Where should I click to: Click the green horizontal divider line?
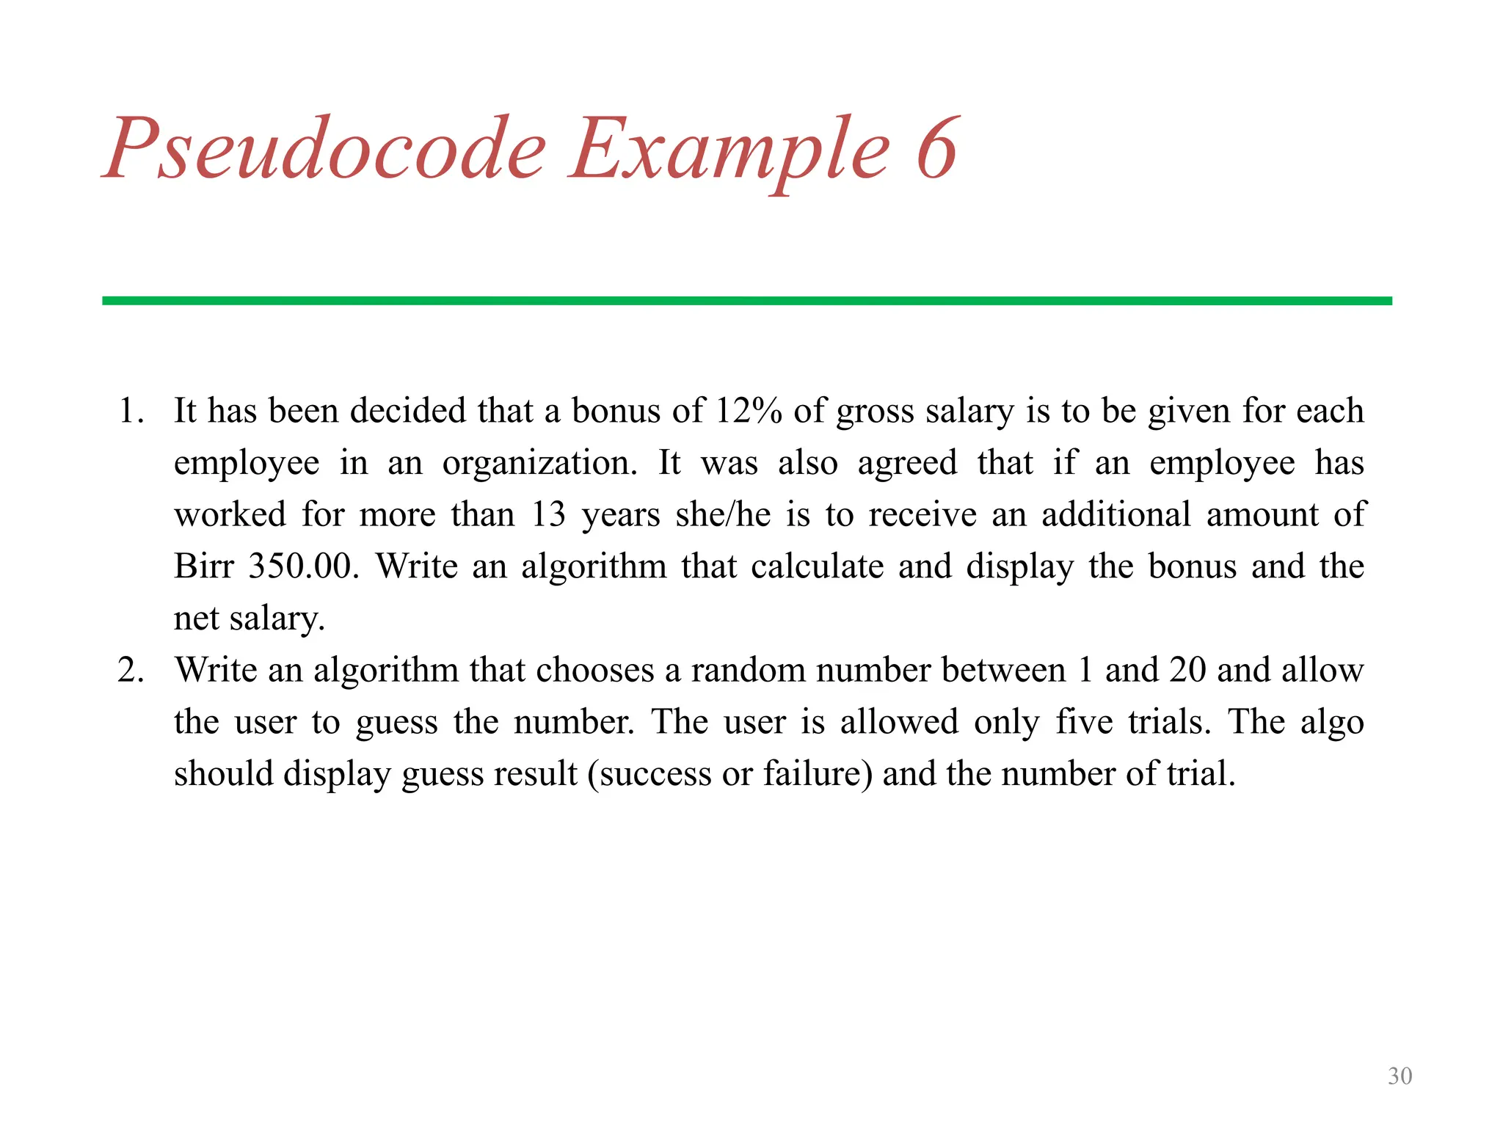746,301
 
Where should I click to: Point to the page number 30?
1400,1076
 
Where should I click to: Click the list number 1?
130,411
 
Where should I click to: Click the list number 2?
130,670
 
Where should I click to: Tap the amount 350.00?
302,566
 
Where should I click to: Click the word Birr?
203,566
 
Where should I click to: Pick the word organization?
540,464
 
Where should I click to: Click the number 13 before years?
548,515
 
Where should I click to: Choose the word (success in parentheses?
649,774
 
